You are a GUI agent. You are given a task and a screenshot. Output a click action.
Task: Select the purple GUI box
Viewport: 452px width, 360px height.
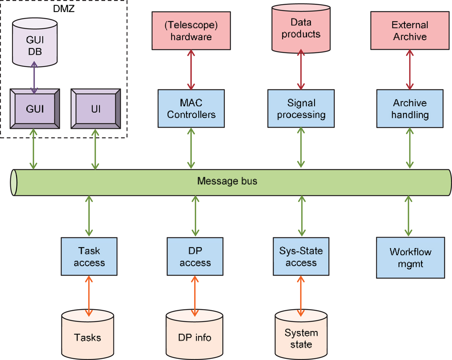click(x=35, y=109)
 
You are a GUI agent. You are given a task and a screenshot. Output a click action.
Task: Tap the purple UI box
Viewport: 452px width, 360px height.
click(x=96, y=109)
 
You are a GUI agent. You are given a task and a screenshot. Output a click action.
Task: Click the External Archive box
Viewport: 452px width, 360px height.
click(x=409, y=31)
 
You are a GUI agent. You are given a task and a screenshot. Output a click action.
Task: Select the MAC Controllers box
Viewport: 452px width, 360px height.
click(x=191, y=109)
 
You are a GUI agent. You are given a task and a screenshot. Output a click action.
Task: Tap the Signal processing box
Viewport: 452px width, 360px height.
click(x=301, y=109)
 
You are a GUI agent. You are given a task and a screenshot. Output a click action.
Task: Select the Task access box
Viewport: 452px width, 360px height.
click(x=89, y=256)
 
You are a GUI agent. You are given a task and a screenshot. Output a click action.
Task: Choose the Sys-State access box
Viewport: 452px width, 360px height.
click(x=301, y=256)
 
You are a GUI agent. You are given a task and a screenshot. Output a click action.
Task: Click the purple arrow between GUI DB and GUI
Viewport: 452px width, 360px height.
click(x=35, y=78)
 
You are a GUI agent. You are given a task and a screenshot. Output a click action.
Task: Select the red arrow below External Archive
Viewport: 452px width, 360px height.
click(x=410, y=69)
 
